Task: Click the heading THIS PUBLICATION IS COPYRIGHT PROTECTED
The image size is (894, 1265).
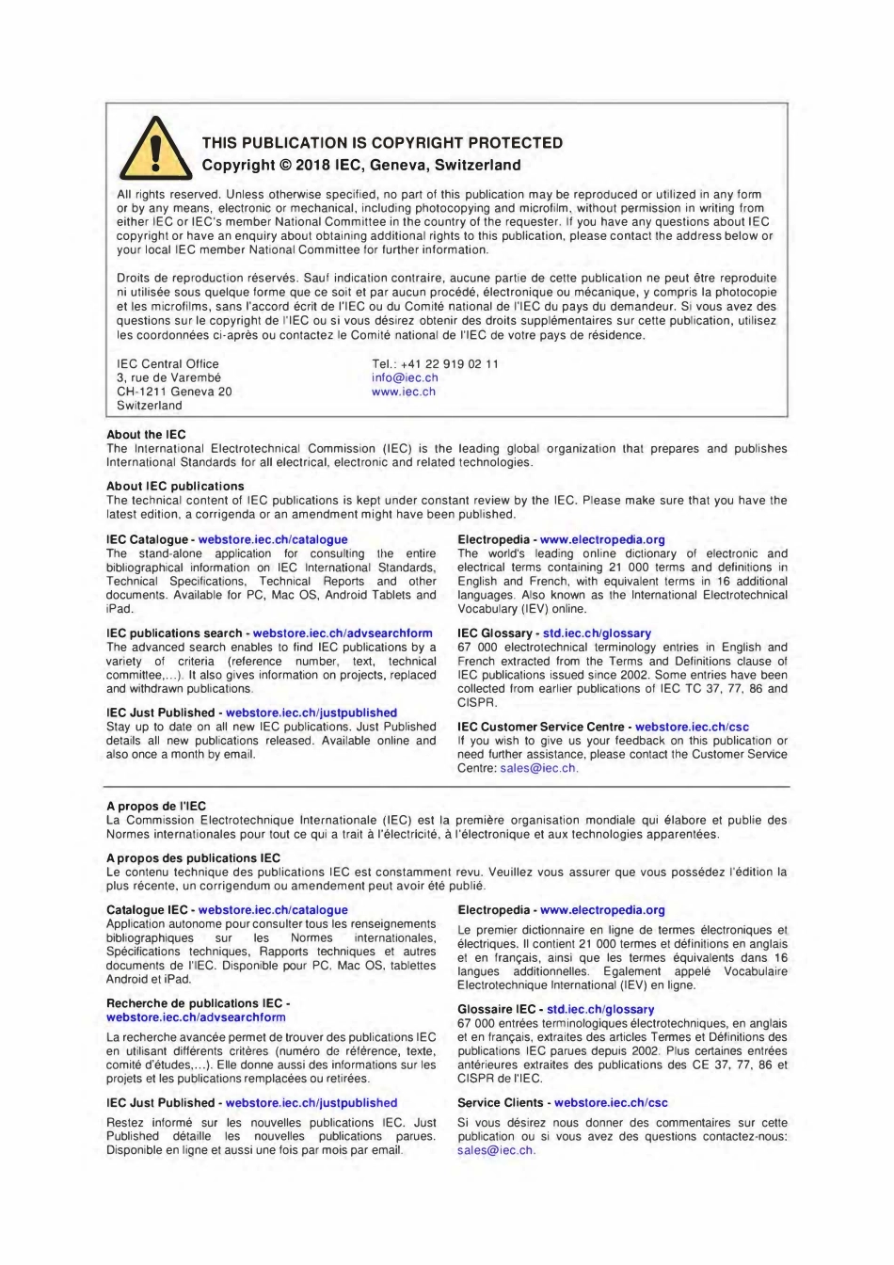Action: pos(382,143)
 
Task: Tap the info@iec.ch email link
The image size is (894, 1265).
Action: pos(405,378)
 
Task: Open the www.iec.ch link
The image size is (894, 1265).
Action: pos(403,392)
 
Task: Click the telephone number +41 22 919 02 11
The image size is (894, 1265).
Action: pos(449,364)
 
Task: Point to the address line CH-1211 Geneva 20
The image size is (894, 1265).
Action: pos(173,392)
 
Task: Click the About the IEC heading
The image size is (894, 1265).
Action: pos(146,435)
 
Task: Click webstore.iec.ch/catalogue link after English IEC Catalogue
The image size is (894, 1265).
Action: pos(273,540)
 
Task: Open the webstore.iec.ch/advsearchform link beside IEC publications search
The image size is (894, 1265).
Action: pos(343,634)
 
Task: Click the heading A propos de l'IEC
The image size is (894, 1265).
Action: pos(156,807)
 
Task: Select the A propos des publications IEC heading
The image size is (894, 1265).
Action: pos(193,858)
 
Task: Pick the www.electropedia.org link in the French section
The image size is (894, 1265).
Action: pos(602,911)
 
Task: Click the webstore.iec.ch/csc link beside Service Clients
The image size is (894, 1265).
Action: pos(611,1103)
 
